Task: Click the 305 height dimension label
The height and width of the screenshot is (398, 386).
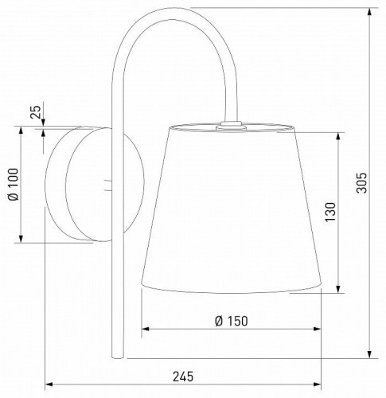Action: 361,183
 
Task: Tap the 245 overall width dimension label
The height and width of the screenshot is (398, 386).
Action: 183,377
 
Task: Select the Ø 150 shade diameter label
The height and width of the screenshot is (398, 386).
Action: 232,321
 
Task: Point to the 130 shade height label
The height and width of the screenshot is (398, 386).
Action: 330,212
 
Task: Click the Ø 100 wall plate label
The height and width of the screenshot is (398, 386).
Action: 14,184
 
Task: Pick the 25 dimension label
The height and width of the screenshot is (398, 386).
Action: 36,111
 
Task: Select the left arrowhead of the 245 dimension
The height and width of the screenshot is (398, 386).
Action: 49,384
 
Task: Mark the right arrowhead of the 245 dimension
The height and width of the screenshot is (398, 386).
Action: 317,384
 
